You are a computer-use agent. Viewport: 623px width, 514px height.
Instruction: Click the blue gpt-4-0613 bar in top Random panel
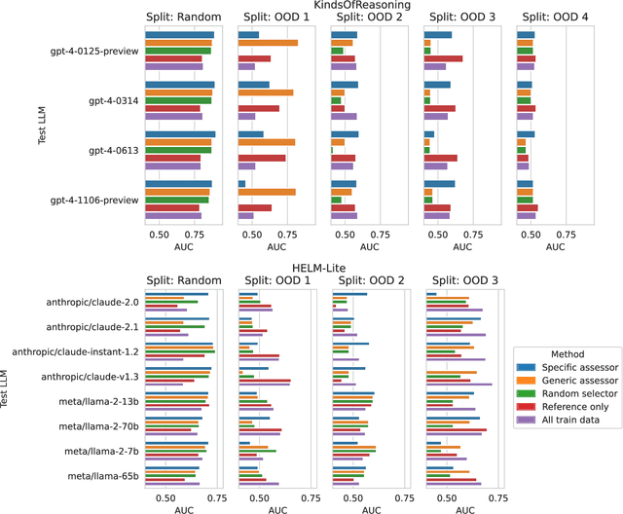180,134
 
